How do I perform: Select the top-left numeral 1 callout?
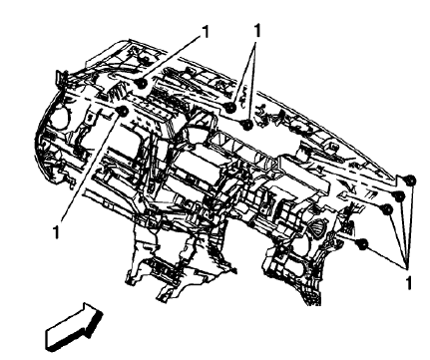[x=208, y=31]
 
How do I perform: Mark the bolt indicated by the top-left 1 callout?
[x=143, y=87]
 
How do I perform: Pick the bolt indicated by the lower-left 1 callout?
[x=121, y=112]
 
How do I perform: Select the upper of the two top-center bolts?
[x=230, y=107]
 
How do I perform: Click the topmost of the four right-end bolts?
[x=409, y=179]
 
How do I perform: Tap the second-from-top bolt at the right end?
[x=397, y=197]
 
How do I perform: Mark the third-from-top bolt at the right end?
[x=384, y=211]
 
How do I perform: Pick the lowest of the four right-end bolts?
[x=363, y=243]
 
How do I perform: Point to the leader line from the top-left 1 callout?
[x=175, y=58]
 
